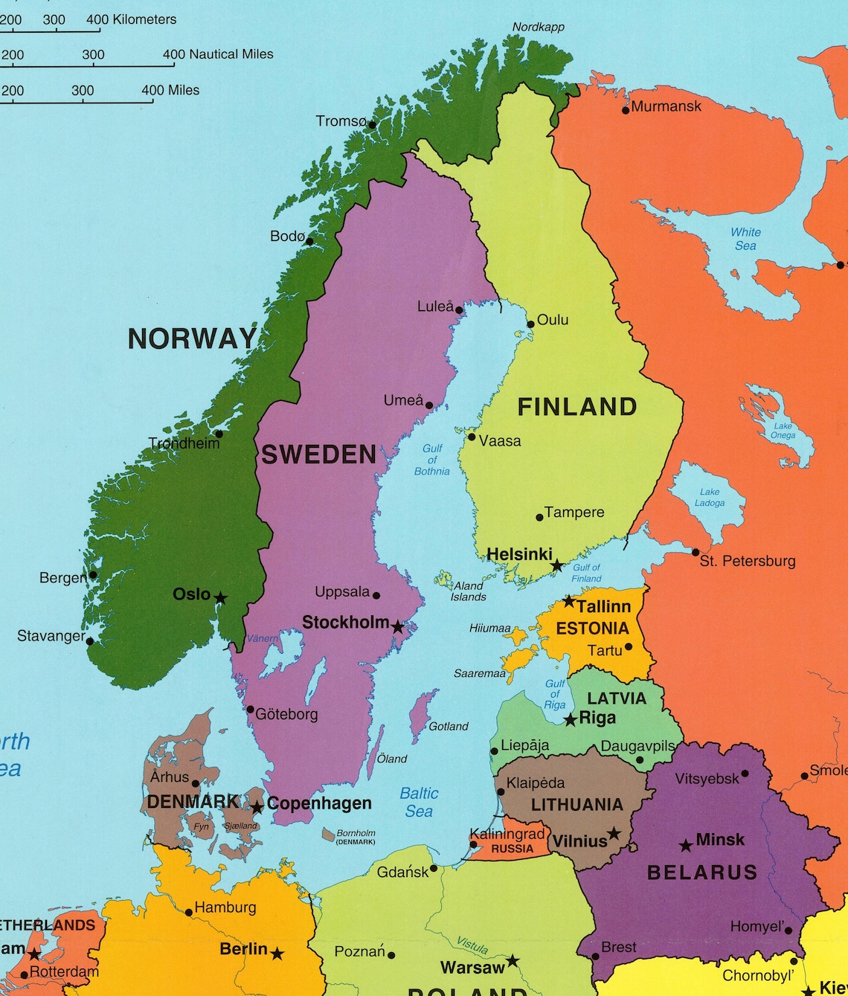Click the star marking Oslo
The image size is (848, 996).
221,597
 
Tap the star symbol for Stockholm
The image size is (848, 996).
398,627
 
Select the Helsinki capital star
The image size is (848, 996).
557,566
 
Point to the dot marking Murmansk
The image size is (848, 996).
626,110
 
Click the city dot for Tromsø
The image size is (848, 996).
372,125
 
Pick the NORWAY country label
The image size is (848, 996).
192,338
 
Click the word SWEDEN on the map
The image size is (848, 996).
318,454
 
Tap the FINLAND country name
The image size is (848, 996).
577,407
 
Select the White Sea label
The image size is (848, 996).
745,239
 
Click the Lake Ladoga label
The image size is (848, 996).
710,498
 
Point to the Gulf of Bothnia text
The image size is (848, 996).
432,460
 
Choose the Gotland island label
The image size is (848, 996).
449,726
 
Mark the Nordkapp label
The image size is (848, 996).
539,28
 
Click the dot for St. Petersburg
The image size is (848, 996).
696,553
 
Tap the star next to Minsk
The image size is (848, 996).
686,846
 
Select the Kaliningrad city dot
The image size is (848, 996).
474,844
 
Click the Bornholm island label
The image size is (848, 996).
356,837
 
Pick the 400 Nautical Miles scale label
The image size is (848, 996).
219,54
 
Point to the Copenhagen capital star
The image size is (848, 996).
257,807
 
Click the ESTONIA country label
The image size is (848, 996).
593,629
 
